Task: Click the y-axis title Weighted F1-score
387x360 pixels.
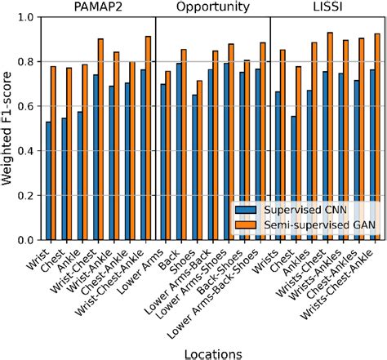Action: pos(9,128)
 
